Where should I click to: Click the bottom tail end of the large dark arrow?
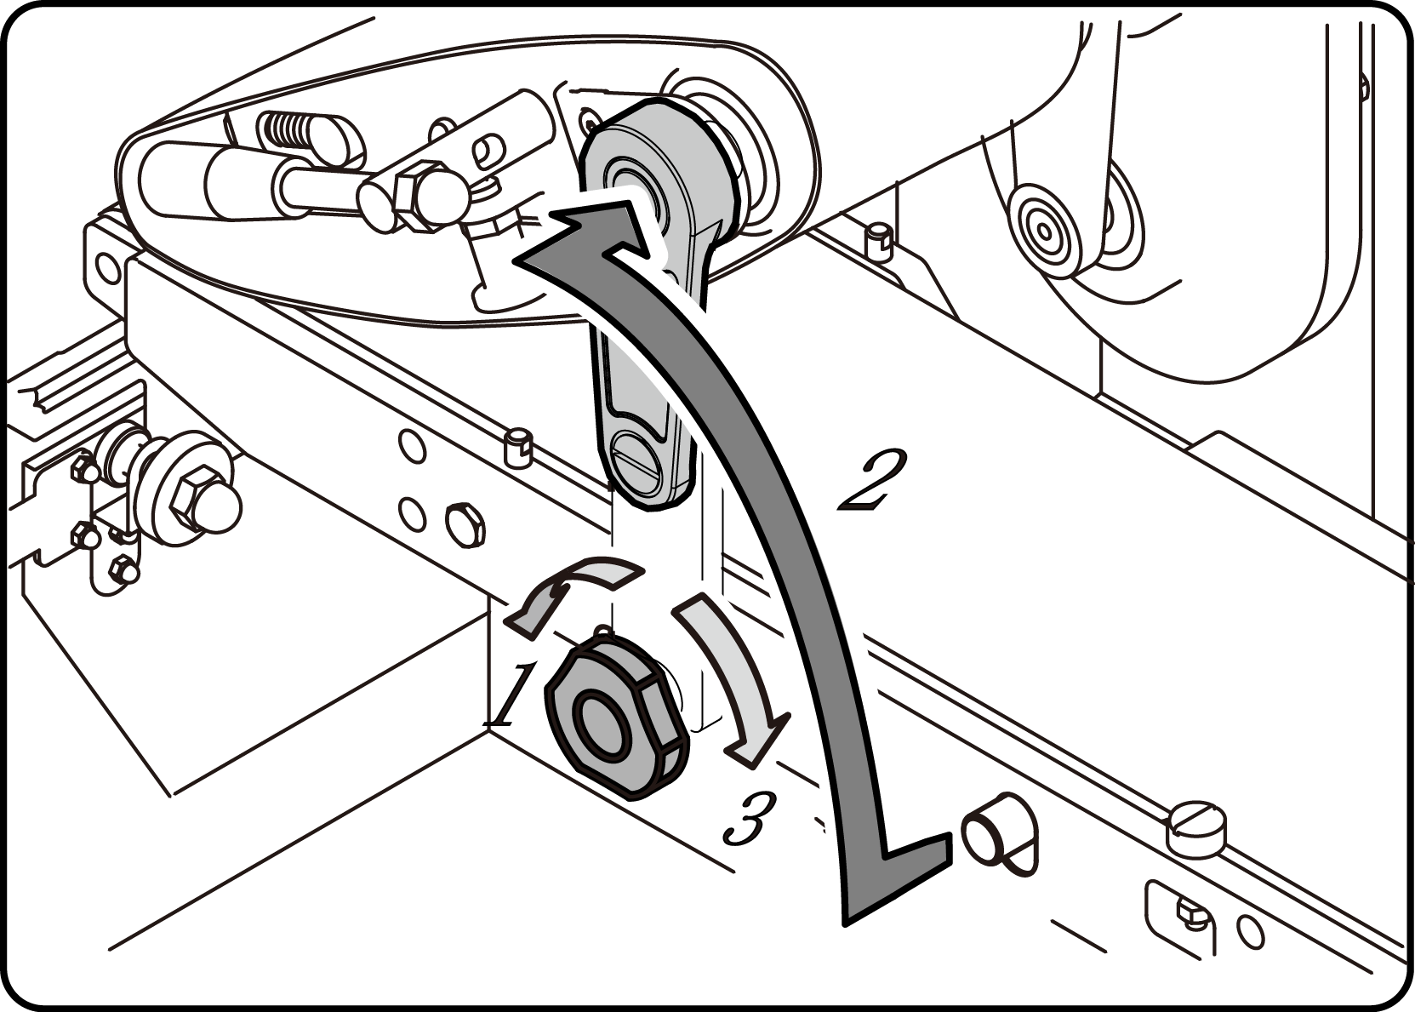point(897,884)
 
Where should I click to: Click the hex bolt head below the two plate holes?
point(465,524)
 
